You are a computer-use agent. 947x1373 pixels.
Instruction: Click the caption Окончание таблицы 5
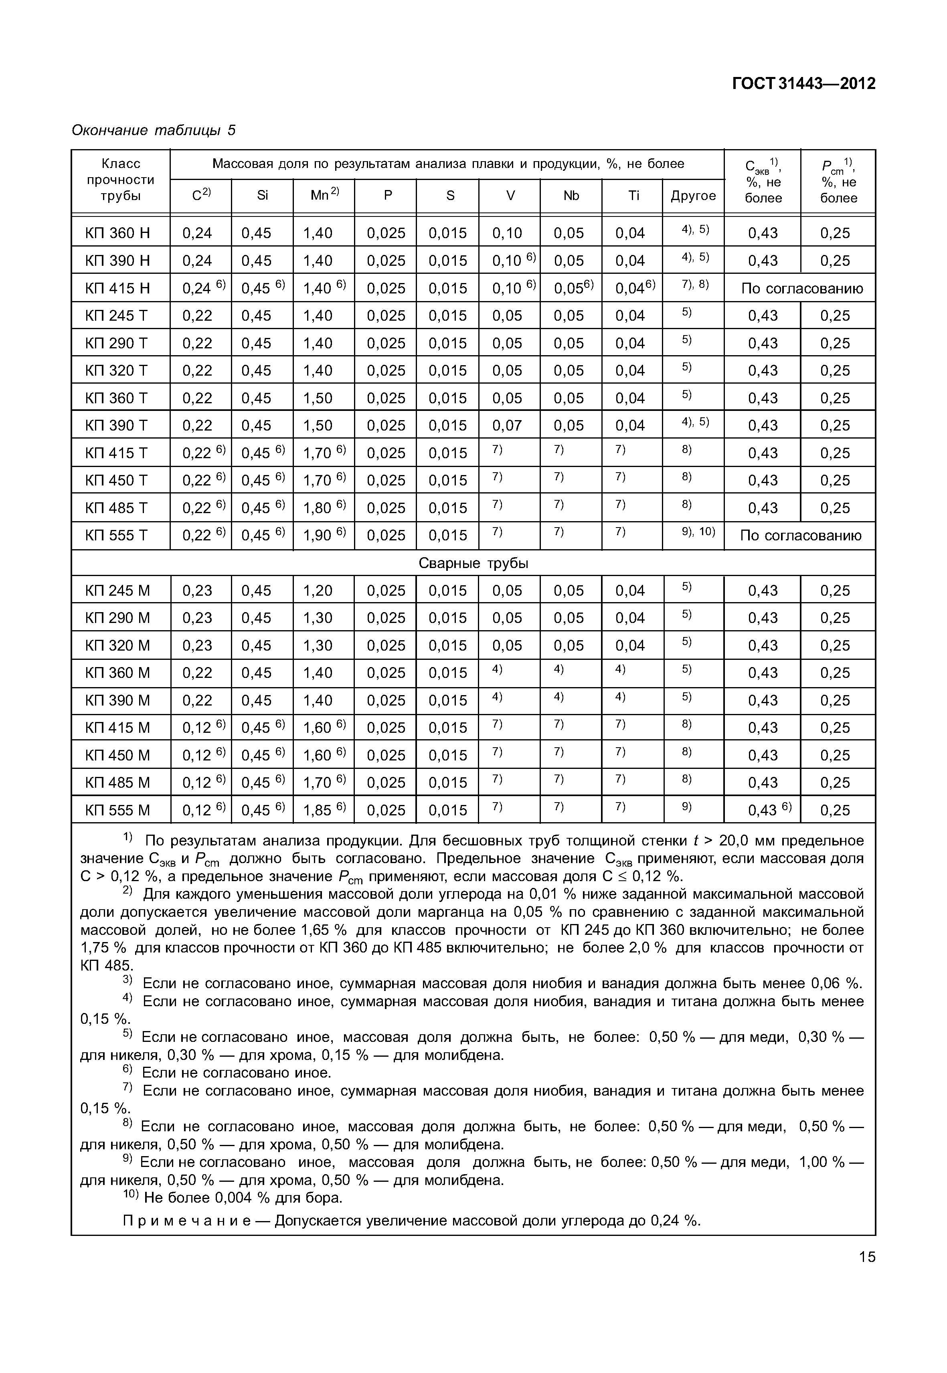(x=153, y=130)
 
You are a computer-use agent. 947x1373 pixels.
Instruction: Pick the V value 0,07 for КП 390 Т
(x=507, y=425)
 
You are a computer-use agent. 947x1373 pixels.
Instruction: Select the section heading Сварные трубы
(x=473, y=563)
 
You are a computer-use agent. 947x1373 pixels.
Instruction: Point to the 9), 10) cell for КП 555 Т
(x=698, y=532)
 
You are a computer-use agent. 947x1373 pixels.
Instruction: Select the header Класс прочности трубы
(x=120, y=180)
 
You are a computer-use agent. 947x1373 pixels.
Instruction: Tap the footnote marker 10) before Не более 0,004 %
(x=130, y=1197)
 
